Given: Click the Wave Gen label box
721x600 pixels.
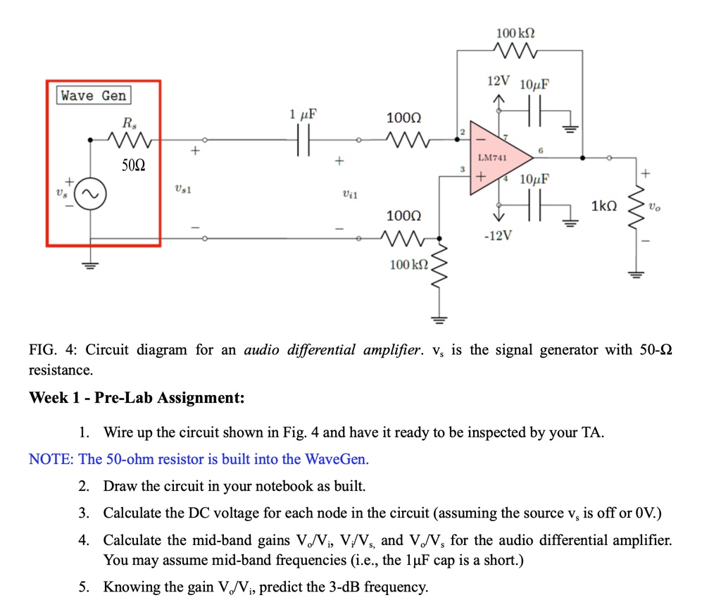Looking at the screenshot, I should (x=94, y=96).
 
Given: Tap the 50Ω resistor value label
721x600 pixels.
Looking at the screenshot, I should (x=132, y=166).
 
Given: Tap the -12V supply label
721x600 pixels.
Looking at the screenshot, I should (x=498, y=235).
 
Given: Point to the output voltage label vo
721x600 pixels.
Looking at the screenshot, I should (x=654, y=207).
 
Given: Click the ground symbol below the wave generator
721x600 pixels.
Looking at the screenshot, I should (x=92, y=265).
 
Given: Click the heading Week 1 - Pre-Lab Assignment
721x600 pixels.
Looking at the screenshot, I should (x=137, y=398).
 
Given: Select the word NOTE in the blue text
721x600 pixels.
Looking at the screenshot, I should (x=51, y=459).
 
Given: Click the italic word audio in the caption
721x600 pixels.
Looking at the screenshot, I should (x=261, y=350).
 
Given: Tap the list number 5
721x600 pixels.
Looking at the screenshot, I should (x=84, y=587).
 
